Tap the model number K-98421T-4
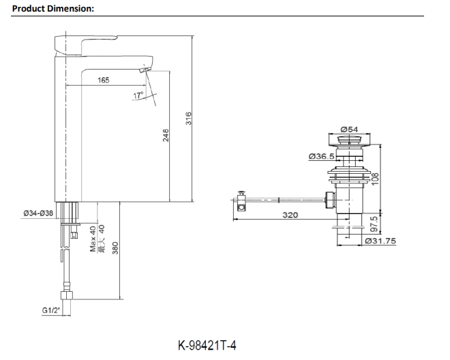coord(207,346)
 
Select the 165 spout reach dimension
coord(103,80)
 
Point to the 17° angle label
coord(138,95)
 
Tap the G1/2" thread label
coord(52,311)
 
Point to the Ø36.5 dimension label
coord(320,156)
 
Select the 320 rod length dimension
coord(290,215)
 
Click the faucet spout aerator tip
coord(145,70)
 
